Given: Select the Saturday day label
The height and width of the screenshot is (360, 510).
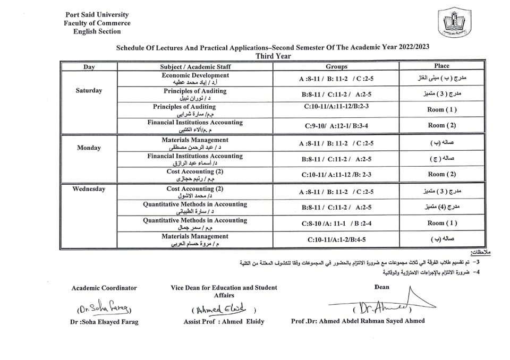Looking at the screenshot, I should pos(89,90).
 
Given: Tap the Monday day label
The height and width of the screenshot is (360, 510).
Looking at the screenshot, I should pos(89,148).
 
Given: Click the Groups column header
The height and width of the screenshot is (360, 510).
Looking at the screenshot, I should pos(336,66).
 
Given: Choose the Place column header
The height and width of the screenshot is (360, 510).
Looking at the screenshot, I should pos(441,66).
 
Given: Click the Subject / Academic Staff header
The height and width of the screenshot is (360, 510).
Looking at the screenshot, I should pos(195,67).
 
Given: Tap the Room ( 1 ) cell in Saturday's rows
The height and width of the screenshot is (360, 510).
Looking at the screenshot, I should pos(442,110).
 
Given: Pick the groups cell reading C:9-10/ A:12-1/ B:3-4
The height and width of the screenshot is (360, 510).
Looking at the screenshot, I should pos(336,126).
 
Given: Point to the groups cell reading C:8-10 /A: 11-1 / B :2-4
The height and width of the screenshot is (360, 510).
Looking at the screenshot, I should pos(336,224).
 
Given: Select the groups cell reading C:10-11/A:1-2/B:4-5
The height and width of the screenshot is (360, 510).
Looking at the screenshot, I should pos(336,239).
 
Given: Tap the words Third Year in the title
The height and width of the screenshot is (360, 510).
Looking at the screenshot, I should pos(273,56).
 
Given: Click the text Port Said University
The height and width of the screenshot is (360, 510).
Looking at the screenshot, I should pos(97,15).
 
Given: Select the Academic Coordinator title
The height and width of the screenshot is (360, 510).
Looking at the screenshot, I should pos(104,288).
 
